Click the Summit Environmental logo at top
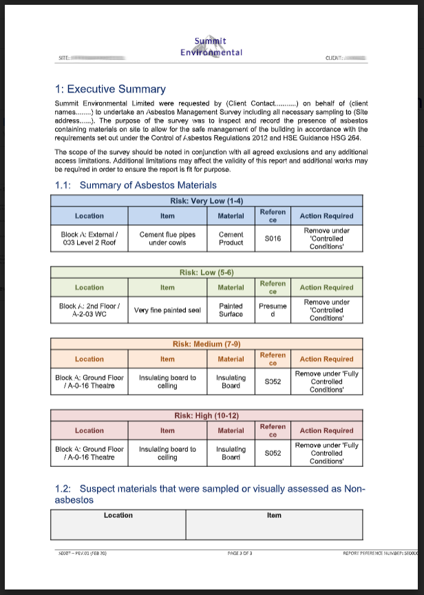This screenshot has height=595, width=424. tap(211, 47)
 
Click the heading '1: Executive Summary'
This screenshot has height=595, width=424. tap(110, 89)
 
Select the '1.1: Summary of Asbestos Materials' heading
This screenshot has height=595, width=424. tap(136, 185)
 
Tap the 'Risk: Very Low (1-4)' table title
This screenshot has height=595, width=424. tap(211, 201)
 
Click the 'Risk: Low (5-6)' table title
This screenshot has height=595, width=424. tap(211, 273)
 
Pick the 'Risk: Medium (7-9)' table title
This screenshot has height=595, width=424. tap(211, 344)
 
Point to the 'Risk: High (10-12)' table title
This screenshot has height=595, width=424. tap(211, 416)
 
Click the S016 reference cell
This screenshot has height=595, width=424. tap(273, 238)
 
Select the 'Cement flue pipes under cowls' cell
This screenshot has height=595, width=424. tap(167, 238)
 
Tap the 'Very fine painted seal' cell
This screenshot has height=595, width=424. tap(167, 310)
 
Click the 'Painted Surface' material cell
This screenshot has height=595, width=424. tap(231, 310)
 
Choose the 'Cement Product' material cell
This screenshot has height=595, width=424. tap(231, 238)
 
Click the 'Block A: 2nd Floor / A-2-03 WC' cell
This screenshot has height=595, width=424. tap(89, 310)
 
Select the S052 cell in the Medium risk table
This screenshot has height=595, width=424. tap(273, 382)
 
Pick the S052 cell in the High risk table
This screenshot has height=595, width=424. tap(273, 453)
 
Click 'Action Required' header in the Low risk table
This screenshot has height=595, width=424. tap(326, 288)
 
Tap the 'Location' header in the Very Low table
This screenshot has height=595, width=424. tap(89, 216)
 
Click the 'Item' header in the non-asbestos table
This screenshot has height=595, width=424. tap(274, 515)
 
